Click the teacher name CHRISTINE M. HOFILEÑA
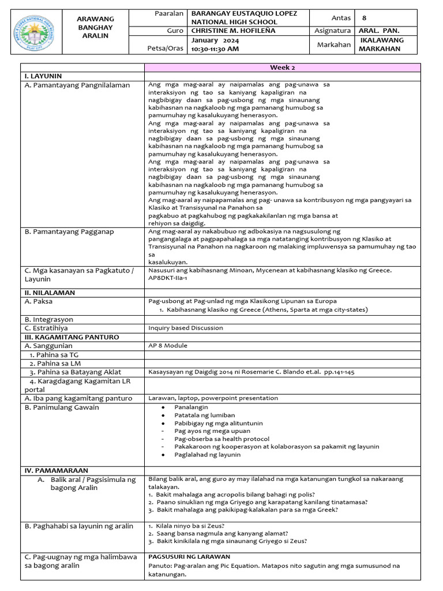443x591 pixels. [x=232, y=31]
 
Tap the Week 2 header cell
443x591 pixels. [x=284, y=68]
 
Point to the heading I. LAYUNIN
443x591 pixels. [x=43, y=76]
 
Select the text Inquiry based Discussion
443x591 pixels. [x=186, y=327]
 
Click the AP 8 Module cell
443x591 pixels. [x=168, y=346]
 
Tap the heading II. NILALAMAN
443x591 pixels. [x=50, y=293]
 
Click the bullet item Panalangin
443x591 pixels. [x=191, y=407]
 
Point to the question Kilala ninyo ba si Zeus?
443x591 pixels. [x=189, y=526]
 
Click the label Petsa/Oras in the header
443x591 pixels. [x=166, y=48]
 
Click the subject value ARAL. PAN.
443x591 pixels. [x=379, y=31]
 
